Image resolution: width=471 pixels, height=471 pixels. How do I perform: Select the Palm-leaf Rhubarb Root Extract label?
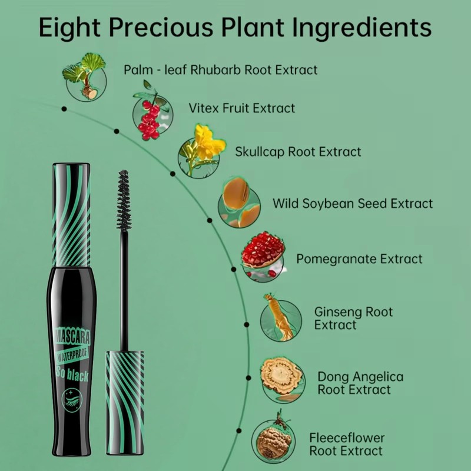[220, 69]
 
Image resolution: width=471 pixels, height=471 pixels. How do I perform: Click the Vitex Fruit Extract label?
[242, 108]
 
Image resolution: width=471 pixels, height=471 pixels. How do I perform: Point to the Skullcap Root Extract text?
[298, 152]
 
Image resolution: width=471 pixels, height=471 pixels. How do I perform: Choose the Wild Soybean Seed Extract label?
[353, 203]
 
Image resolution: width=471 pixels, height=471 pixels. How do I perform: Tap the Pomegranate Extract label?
[359, 259]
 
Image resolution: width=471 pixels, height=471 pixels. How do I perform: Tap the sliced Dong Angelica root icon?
[283, 380]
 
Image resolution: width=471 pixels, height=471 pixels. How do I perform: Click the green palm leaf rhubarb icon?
[85, 77]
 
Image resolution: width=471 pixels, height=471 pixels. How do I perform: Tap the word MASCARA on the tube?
[72, 337]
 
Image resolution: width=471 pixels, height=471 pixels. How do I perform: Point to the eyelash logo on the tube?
[71, 400]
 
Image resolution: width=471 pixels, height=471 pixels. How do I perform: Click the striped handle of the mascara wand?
[125, 403]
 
